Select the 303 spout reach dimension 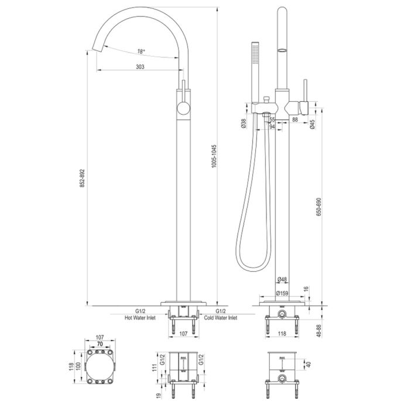tap(140, 67)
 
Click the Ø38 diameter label tap(242, 124)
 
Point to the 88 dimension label tap(294, 119)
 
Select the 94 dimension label tap(272, 126)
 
